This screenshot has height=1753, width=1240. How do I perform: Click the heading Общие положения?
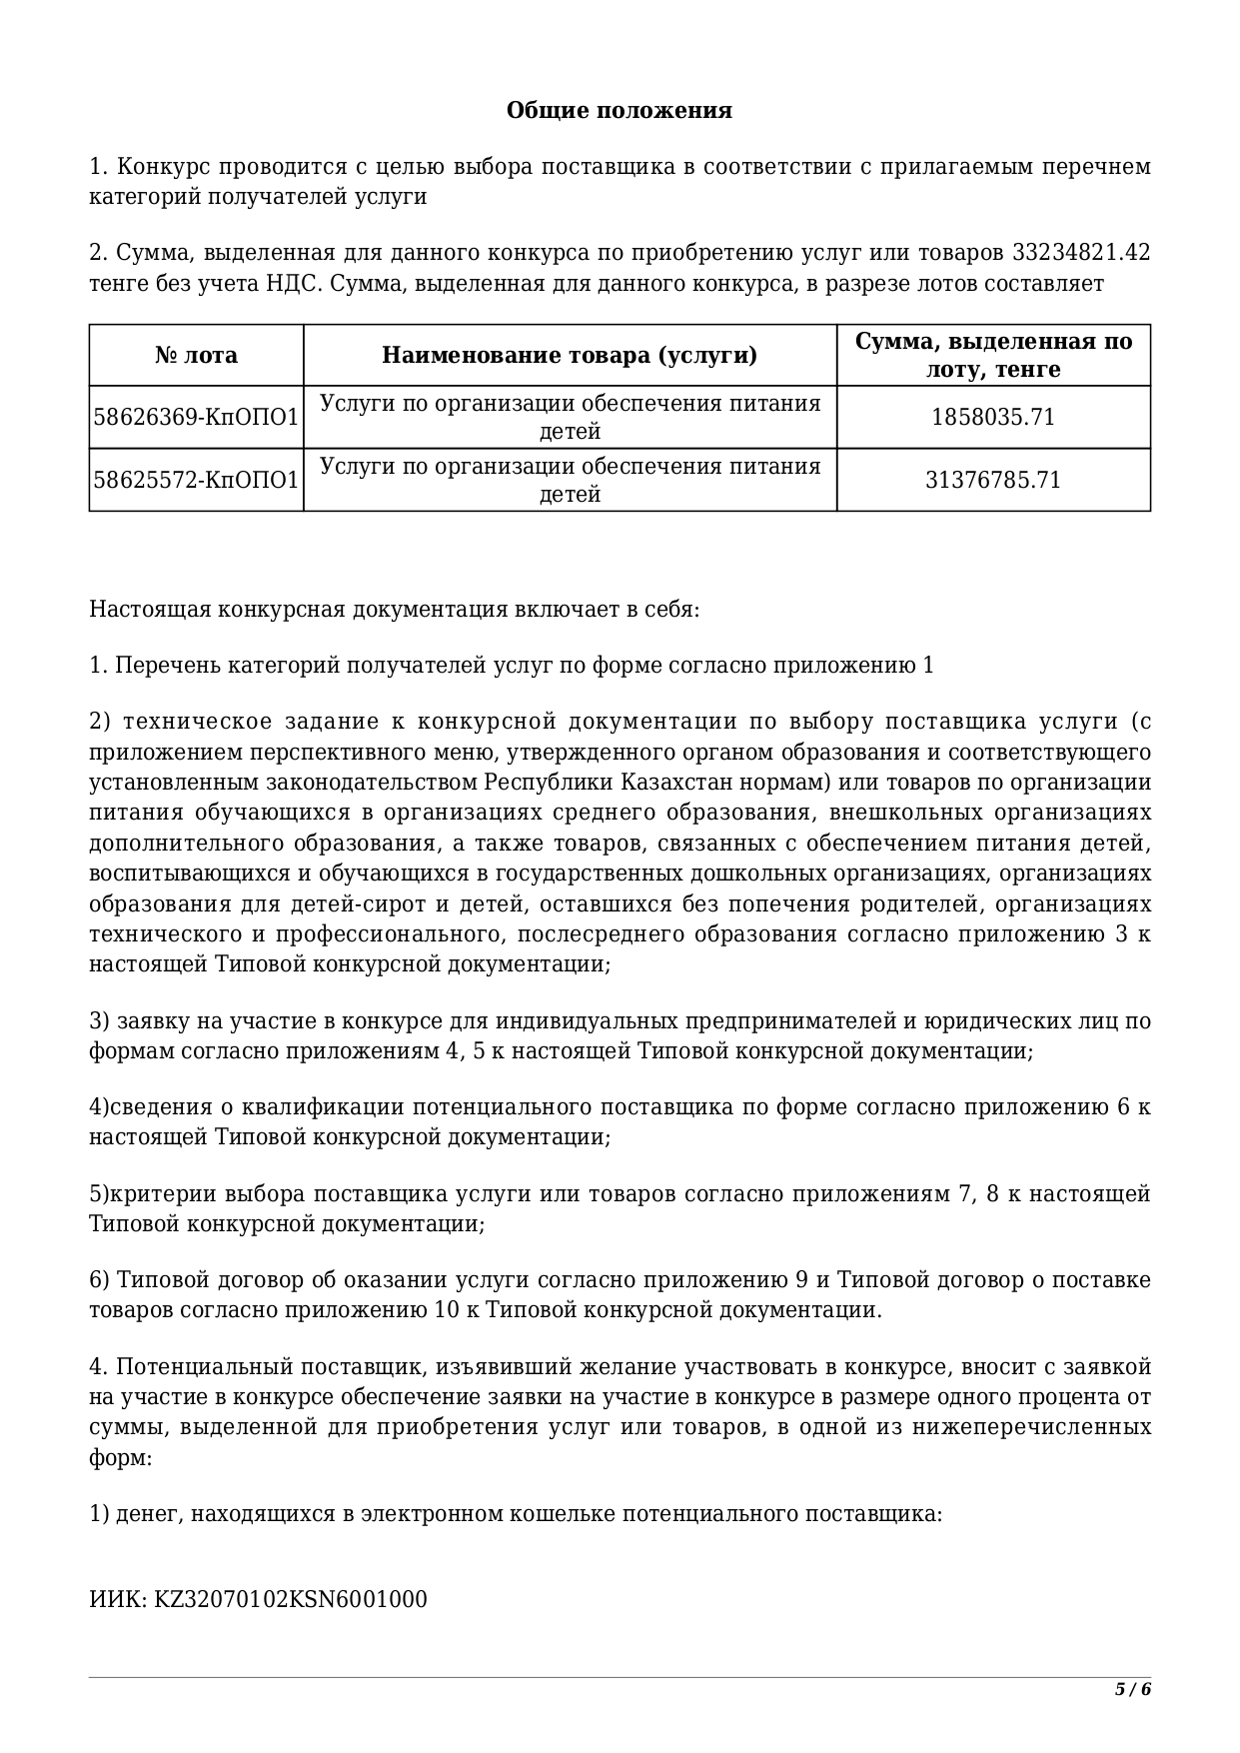(619, 110)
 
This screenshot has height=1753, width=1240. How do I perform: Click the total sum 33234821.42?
(1081, 253)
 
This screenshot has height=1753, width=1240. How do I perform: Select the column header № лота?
(196, 356)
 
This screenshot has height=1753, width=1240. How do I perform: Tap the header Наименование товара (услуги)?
(570, 356)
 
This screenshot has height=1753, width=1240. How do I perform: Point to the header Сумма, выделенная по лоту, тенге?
(993, 356)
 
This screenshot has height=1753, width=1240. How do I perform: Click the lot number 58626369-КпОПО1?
(196, 418)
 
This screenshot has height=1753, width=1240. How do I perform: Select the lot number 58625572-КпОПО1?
(196, 481)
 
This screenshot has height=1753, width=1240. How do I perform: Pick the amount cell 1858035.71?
(993, 418)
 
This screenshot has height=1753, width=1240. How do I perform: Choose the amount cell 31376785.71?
(993, 481)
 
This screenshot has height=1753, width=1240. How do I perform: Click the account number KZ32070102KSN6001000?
(290, 1600)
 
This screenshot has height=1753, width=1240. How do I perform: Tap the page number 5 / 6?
(1133, 1690)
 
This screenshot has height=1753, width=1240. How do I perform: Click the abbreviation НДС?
(292, 284)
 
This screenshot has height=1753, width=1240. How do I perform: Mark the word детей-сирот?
(350, 904)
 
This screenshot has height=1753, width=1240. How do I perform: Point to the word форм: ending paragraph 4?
(120, 1458)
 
